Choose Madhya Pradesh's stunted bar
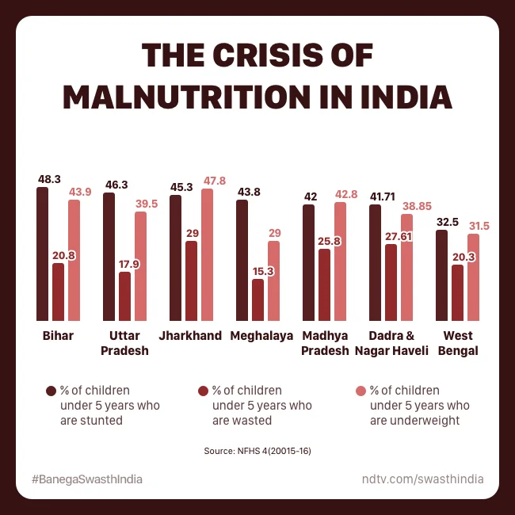[308, 261]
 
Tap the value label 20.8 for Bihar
[58, 255]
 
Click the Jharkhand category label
[190, 336]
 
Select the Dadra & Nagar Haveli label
[391, 343]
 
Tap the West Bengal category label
[458, 343]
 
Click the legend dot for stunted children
[51, 391]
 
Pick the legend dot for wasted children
[203, 391]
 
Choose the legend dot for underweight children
[360, 391]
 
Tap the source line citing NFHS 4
[257, 451]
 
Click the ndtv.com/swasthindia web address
[422, 479]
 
